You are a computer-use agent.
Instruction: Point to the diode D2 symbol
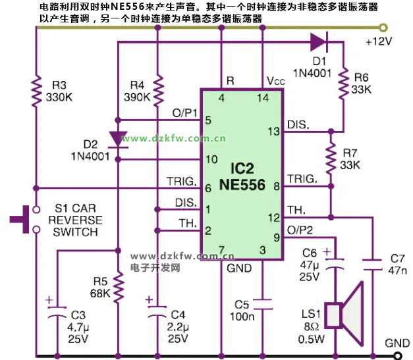(118, 139)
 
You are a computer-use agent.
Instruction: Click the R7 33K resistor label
(352, 159)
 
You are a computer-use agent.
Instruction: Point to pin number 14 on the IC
(262, 98)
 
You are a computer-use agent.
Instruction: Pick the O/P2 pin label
(302, 230)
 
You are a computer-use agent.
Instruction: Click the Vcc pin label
(275, 80)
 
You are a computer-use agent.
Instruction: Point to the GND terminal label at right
(398, 343)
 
